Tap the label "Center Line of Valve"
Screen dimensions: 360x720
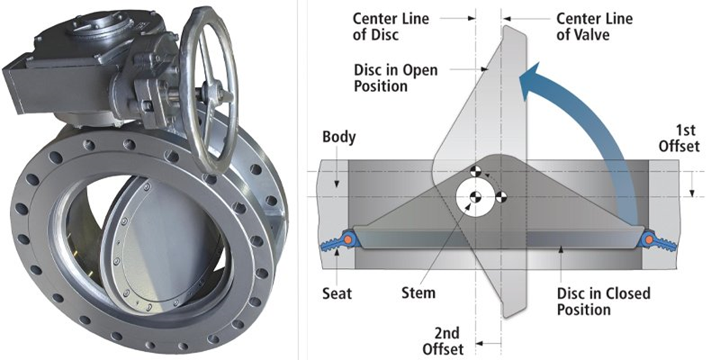pyautogui.click(x=594, y=26)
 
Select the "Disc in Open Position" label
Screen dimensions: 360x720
pyautogui.click(x=396, y=78)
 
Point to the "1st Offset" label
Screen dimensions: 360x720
pyautogui.click(x=680, y=137)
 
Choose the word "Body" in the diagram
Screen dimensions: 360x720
pyautogui.click(x=339, y=137)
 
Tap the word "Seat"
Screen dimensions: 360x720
pyautogui.click(x=337, y=293)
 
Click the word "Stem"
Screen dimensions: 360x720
pyautogui.click(x=418, y=293)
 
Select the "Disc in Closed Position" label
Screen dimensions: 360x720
pyautogui.click(x=602, y=301)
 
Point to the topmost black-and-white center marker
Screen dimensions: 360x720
pyautogui.click(x=475, y=171)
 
